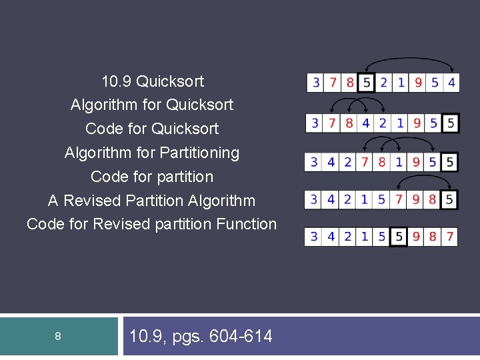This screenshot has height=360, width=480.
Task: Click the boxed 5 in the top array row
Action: coord(365,83)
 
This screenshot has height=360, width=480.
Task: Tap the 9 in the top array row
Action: coord(417,83)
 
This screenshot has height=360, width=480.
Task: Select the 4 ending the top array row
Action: coord(451,83)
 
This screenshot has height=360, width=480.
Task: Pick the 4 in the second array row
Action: coord(366,123)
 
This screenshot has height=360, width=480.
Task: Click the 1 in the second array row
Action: coord(400,123)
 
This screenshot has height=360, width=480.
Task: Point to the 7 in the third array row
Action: coord(365,162)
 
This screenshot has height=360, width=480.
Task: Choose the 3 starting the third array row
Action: coord(315,162)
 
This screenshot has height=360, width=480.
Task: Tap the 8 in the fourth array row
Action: coord(433,199)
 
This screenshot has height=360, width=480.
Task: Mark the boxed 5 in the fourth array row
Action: coord(451,199)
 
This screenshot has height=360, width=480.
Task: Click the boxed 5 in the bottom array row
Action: coord(399,237)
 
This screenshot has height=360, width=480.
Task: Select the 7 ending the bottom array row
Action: coord(451,237)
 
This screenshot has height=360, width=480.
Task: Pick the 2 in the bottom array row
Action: coord(349,237)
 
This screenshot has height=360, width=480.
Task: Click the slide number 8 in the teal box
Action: coord(58,337)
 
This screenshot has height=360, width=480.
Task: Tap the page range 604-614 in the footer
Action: coord(241,337)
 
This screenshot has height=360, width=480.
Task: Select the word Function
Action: coord(246,224)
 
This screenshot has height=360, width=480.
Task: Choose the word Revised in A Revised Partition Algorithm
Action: coord(91,201)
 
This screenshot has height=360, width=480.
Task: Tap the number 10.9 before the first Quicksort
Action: coord(116,82)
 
